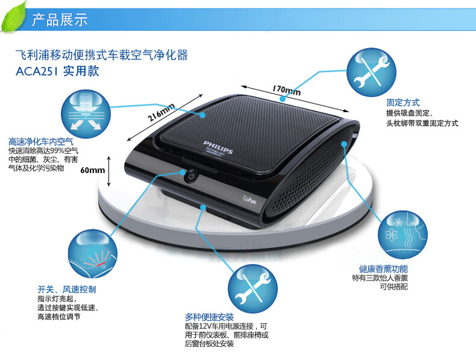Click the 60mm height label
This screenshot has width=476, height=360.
93,170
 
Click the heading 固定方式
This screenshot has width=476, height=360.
402,103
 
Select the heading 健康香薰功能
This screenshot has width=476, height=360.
383,268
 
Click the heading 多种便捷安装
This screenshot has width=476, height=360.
210,317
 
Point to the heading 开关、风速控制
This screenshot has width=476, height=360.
66,289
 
